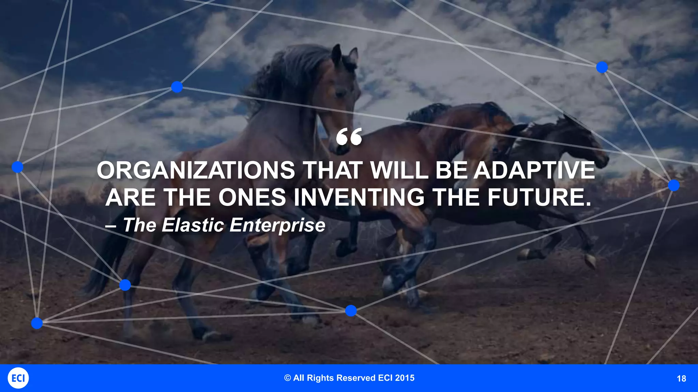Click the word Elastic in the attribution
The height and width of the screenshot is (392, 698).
(x=193, y=225)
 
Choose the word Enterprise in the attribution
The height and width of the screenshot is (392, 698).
(x=277, y=225)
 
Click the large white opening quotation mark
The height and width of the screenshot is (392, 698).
(x=349, y=137)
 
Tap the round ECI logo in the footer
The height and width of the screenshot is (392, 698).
(x=18, y=378)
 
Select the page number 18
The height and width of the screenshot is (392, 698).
(x=681, y=379)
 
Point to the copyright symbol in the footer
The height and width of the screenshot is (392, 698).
(x=288, y=378)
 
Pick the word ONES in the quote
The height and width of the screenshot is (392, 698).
(x=252, y=197)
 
